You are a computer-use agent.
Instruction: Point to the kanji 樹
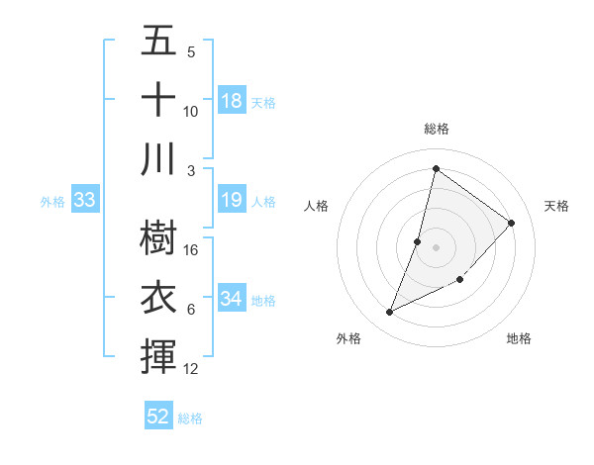click(x=159, y=237)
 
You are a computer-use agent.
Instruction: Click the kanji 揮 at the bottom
click(x=159, y=355)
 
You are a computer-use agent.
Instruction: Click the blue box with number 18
click(x=232, y=100)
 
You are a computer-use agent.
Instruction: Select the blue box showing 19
click(x=232, y=200)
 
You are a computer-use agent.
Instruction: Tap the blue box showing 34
click(x=232, y=299)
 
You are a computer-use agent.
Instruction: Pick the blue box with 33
click(x=85, y=200)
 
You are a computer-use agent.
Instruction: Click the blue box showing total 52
click(x=158, y=417)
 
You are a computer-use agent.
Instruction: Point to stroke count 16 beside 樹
click(x=192, y=249)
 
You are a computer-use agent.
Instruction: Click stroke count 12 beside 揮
click(x=192, y=369)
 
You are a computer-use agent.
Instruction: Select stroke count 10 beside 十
click(x=192, y=111)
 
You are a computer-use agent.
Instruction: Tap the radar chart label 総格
click(x=437, y=129)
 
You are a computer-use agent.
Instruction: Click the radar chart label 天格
click(x=556, y=206)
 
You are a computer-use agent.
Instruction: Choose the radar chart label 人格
click(x=316, y=206)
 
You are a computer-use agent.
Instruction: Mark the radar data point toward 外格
click(x=390, y=313)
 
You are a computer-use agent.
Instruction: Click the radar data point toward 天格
click(x=512, y=223)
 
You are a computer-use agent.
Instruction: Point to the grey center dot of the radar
click(x=436, y=247)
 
